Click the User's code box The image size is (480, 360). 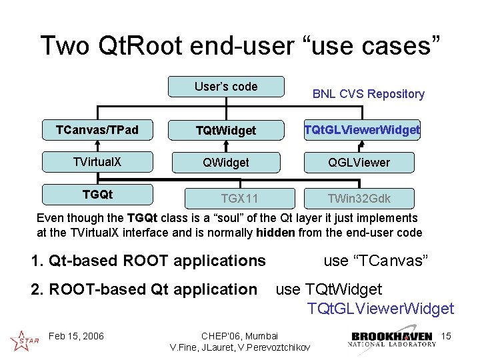[226, 87]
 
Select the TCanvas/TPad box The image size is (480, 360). [97, 130]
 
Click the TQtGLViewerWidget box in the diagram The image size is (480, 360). [362, 130]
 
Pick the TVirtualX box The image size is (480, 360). [97, 161]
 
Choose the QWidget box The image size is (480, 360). [226, 162]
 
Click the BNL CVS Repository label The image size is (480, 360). [368, 94]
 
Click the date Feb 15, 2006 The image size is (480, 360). [77, 335]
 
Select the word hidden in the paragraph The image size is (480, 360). [275, 233]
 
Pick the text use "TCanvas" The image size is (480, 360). [375, 261]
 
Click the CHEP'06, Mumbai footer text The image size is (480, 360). [239, 335]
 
